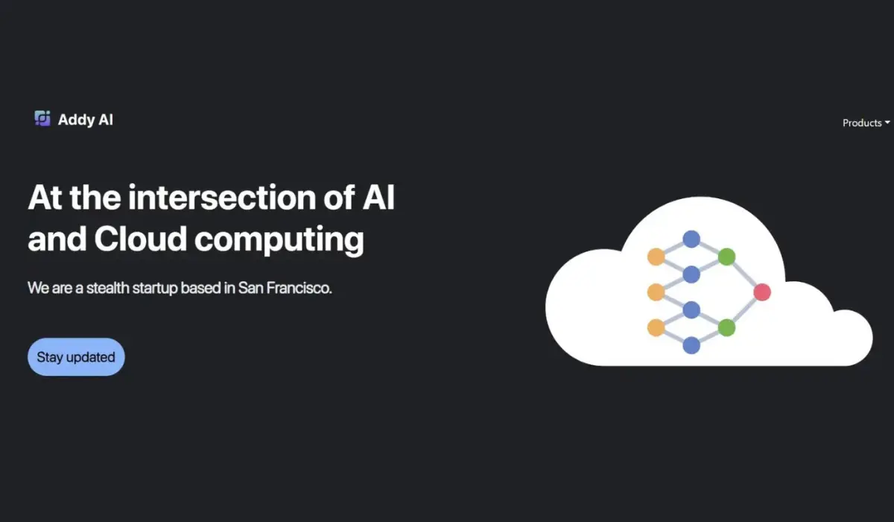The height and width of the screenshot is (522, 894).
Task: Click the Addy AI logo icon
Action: click(x=42, y=119)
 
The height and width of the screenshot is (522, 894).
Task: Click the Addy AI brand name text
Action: click(x=86, y=119)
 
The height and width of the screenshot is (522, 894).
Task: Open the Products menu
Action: click(x=862, y=123)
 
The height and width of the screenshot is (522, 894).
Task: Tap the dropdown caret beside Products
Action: click(x=887, y=123)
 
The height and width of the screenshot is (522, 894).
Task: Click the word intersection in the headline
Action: click(x=224, y=197)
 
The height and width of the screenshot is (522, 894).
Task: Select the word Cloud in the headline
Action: click(x=140, y=239)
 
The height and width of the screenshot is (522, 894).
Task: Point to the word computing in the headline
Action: click(x=279, y=240)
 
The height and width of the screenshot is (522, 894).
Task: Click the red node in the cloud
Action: click(x=761, y=292)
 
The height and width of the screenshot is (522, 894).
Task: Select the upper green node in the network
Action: click(x=726, y=257)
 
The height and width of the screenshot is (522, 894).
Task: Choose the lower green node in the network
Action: click(x=726, y=327)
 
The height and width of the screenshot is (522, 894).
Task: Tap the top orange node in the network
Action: click(x=656, y=257)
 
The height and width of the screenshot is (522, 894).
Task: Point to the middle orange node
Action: click(x=656, y=292)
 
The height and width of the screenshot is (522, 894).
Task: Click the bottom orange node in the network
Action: click(x=656, y=327)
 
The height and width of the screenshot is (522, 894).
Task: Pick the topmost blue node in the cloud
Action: click(x=691, y=239)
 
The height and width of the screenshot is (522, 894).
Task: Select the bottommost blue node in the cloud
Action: click(x=691, y=345)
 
